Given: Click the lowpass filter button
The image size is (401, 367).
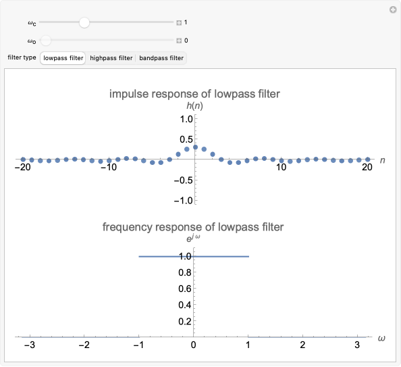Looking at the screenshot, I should click(x=63, y=58).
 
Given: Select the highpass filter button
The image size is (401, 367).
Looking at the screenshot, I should click(x=111, y=58).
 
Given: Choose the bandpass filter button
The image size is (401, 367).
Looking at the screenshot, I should click(x=161, y=58).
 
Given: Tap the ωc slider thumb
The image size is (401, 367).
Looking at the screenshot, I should click(x=84, y=22).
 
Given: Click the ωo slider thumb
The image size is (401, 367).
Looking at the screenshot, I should click(x=45, y=41).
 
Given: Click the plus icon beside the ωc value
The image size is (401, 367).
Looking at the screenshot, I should click(x=179, y=22).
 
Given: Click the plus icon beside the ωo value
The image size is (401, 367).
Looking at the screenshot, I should click(x=179, y=41).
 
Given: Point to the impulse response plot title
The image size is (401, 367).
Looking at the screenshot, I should click(x=194, y=94).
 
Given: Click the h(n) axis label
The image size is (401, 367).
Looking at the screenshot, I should click(x=195, y=106).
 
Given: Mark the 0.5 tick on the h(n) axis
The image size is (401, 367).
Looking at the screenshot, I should click(x=187, y=139).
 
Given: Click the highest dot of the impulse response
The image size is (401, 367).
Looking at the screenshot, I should click(x=195, y=147).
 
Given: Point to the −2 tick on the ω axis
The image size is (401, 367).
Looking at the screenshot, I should click(x=84, y=345).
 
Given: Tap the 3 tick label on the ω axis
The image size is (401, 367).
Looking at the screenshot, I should click(x=358, y=345).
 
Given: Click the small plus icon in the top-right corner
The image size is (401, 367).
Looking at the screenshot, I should click(x=393, y=10).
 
